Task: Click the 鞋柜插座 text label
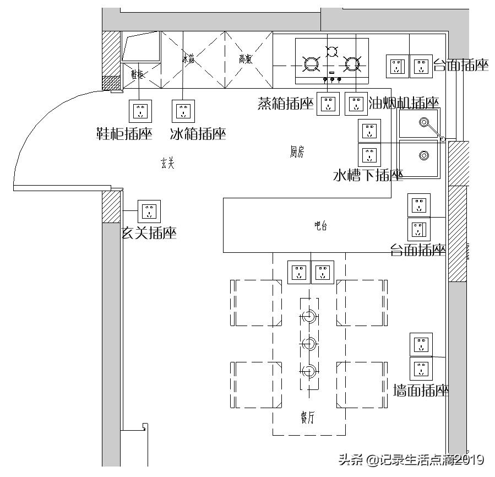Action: point(124,134)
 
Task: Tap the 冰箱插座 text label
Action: point(198,134)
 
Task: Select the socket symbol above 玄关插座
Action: point(149,211)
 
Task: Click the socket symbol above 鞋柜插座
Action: point(140,111)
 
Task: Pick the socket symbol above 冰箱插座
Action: point(184,111)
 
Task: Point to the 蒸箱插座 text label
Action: point(285,104)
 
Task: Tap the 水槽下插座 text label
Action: point(368,176)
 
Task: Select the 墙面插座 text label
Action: point(421,391)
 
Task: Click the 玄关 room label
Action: point(167,163)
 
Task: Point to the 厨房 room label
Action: point(297,153)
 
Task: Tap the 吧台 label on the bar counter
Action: point(320,225)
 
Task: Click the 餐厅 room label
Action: point(308,418)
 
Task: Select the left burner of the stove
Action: point(312,64)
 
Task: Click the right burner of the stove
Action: point(352,64)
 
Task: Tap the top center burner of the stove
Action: point(332,52)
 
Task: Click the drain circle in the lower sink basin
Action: point(423,155)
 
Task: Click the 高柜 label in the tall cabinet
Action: point(246,59)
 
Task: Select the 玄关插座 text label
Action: point(149,234)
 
